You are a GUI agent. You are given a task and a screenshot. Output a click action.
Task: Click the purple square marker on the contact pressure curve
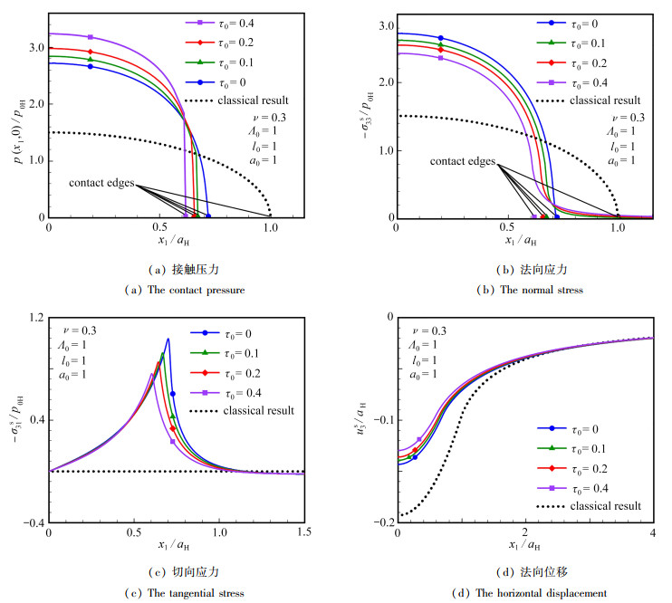pyautogui.click(x=90, y=37)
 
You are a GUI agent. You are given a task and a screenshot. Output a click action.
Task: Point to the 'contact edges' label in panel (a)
pyautogui.click(x=101, y=183)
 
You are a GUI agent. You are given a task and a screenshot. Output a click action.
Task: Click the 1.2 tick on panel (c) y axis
pyautogui.click(x=34, y=317)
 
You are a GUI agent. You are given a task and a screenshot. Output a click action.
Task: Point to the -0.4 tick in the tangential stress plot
pyautogui.click(x=31, y=523)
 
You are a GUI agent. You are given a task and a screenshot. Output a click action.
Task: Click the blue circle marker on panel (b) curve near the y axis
pyautogui.click(x=441, y=38)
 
